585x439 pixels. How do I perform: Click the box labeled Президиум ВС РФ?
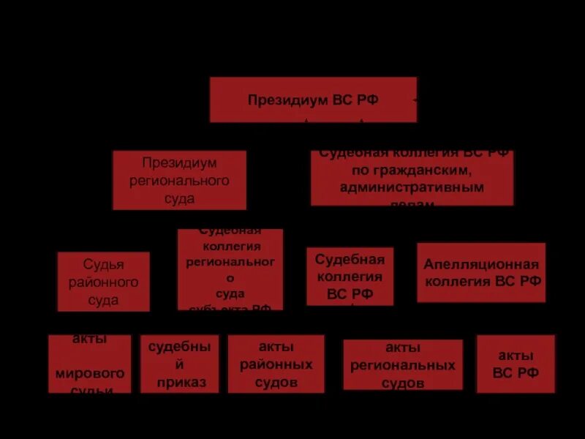[313, 100]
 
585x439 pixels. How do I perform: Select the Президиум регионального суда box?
[179, 180]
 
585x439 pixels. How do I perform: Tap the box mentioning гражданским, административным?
[412, 178]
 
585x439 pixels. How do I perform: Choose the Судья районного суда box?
[103, 282]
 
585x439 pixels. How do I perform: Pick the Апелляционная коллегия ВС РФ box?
[481, 272]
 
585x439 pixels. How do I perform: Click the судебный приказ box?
[179, 364]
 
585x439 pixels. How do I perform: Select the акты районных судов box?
[276, 364]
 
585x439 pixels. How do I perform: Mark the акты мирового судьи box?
[90, 364]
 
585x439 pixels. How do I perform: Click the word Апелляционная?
[481, 264]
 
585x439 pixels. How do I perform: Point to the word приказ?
[181, 382]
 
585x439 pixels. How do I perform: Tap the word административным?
[412, 188]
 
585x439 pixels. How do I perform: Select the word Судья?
[103, 265]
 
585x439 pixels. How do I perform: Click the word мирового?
[90, 373]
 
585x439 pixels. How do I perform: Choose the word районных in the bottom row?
[276, 364]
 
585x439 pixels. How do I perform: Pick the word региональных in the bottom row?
[402, 365]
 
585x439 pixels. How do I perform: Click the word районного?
[103, 282]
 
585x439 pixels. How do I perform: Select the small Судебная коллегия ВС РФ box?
[350, 277]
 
